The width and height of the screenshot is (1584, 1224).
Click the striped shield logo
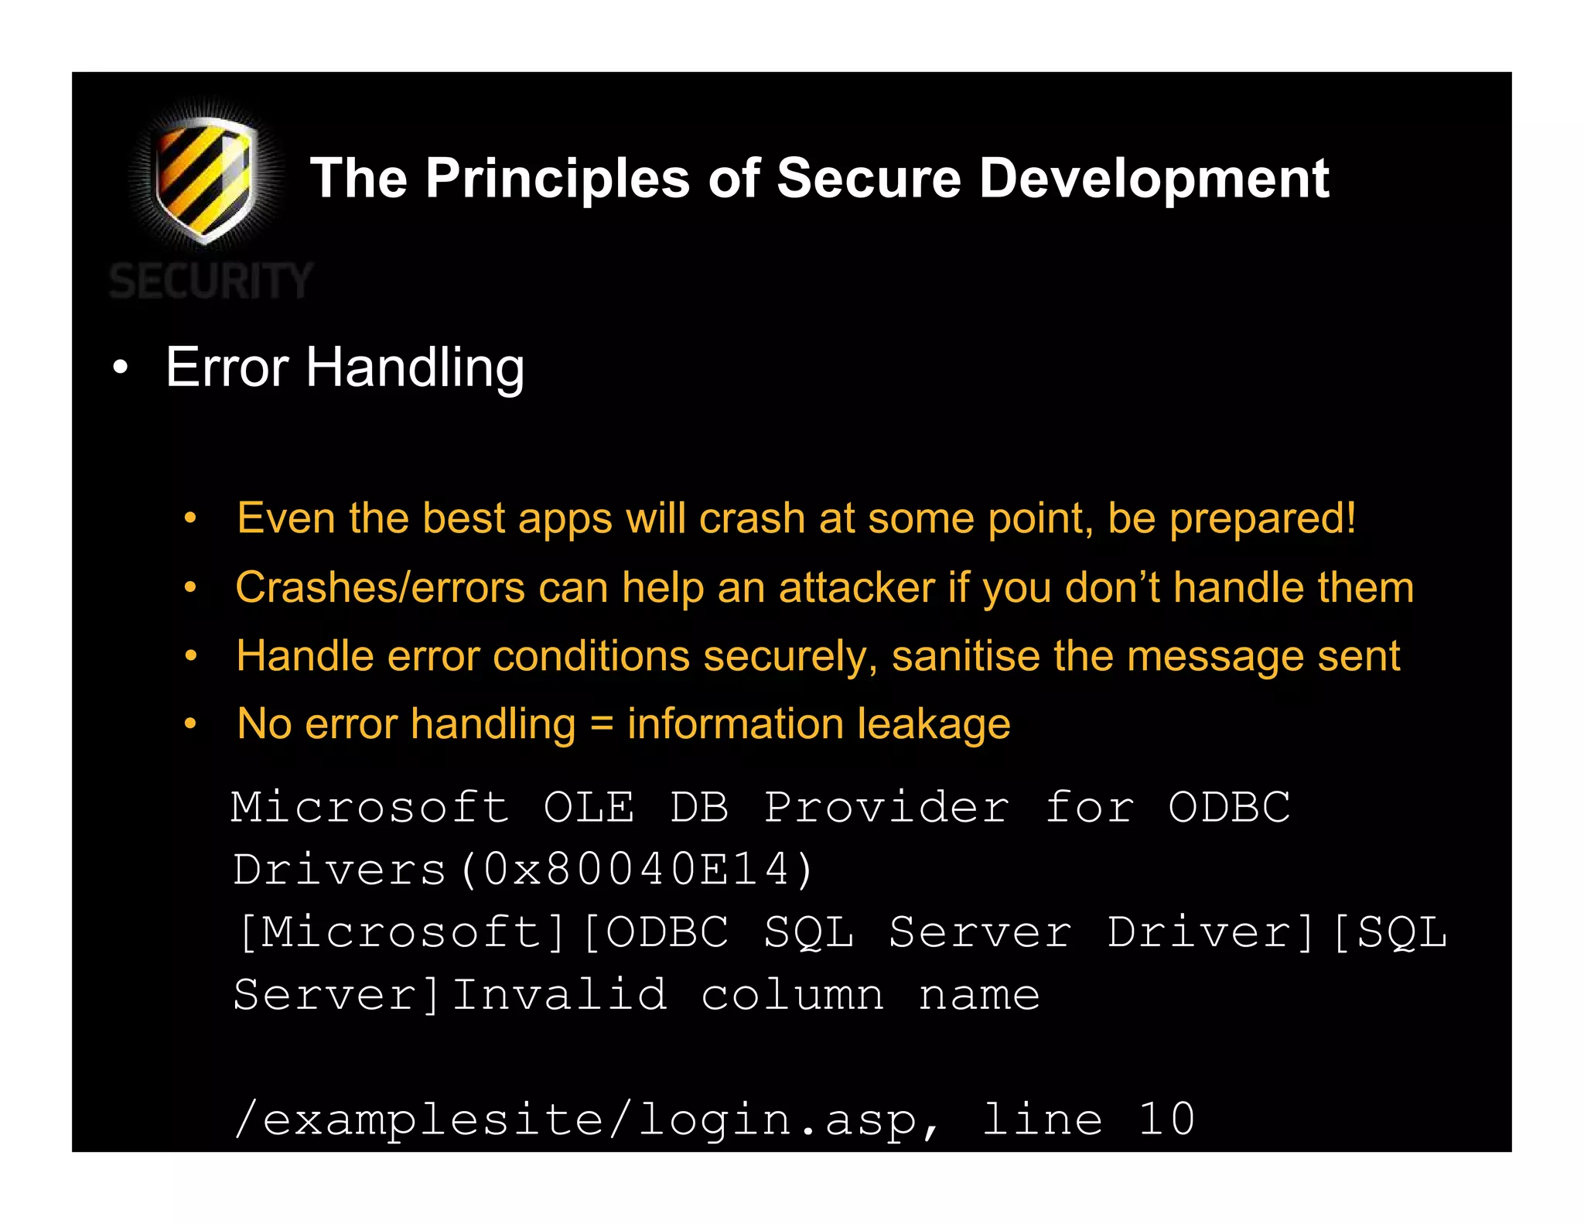(203, 178)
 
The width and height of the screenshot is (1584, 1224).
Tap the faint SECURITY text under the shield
(210, 280)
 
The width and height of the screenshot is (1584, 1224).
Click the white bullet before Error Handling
(119, 368)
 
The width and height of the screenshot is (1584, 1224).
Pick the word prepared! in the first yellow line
(1262, 518)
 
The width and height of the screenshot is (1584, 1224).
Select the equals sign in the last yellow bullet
(601, 725)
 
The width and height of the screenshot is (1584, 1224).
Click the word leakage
(934, 724)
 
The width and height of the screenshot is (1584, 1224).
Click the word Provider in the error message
(886, 807)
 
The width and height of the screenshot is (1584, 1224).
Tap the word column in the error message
(792, 994)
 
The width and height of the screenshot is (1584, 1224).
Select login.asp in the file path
(779, 1120)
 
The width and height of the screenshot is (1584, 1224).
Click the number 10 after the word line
(1166, 1119)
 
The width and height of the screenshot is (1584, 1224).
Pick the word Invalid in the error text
(559, 994)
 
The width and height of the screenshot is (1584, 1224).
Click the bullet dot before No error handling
(190, 724)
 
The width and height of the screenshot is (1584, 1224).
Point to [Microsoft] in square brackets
(402, 932)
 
